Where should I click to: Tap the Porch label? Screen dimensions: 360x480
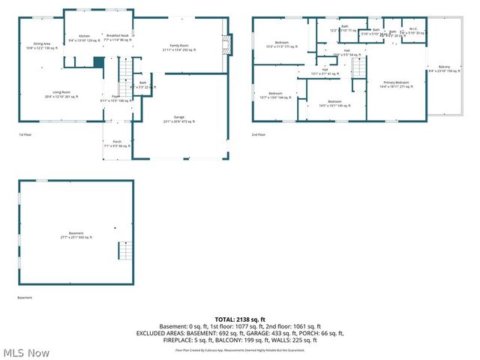point(117,143)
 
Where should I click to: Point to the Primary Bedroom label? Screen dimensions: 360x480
point(396,84)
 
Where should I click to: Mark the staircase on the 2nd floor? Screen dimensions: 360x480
point(358,69)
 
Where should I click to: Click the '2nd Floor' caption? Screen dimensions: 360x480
point(259,135)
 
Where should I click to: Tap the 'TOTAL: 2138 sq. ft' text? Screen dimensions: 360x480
point(239,319)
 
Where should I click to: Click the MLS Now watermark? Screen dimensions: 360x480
point(26,352)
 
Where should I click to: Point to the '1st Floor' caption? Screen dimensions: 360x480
point(26,135)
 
